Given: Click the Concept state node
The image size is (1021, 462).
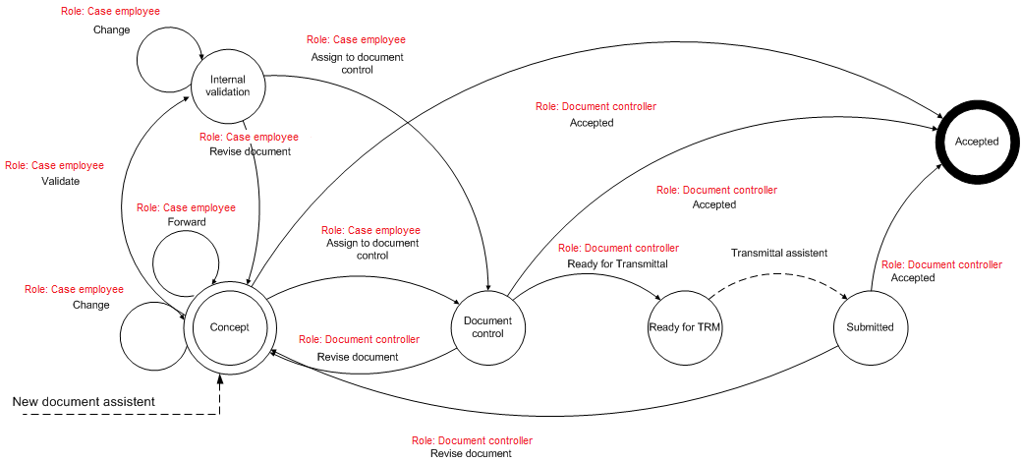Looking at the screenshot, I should [x=229, y=327].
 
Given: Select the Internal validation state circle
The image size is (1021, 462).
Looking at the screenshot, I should [x=228, y=87].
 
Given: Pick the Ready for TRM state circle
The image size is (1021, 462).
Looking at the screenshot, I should [x=685, y=326].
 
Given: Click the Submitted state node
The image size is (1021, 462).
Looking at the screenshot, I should [x=870, y=326].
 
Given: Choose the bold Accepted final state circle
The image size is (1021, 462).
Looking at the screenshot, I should [x=976, y=142].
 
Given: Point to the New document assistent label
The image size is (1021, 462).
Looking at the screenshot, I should [x=85, y=402].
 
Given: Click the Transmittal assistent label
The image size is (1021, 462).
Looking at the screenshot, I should [x=778, y=253].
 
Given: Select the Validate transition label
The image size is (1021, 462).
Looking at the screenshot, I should [x=60, y=182].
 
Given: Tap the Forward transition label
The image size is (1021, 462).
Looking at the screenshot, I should [x=186, y=223].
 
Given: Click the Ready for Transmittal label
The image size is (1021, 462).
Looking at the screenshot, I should [x=617, y=263].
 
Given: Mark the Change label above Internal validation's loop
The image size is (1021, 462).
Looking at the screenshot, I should [x=111, y=29].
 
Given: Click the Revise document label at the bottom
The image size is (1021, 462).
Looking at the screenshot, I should [x=471, y=454].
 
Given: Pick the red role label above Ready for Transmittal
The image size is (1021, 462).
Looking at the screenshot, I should [x=618, y=248].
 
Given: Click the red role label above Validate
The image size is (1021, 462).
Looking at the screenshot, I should [x=54, y=166].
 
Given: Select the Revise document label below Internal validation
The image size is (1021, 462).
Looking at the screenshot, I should [x=250, y=152].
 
